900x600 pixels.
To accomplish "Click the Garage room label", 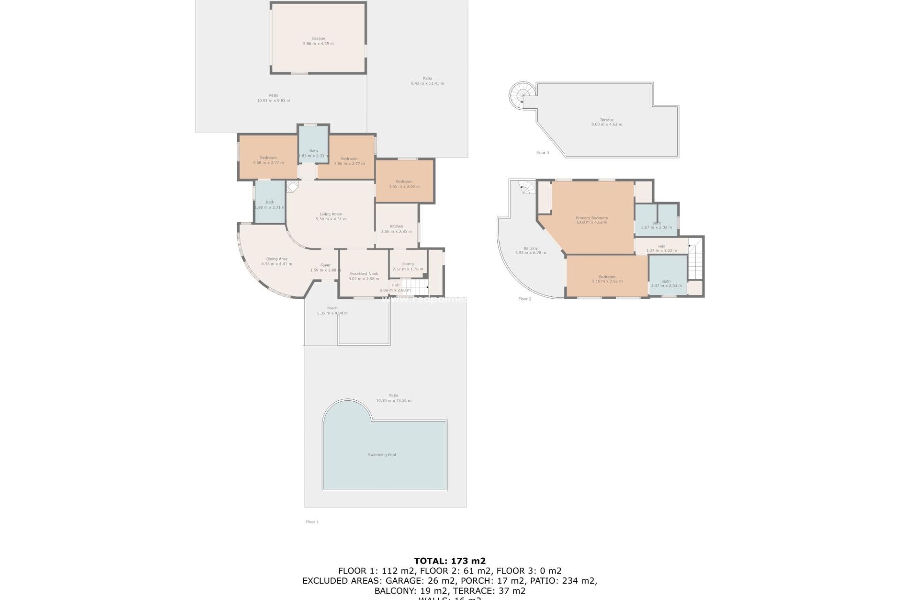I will pos(318,38).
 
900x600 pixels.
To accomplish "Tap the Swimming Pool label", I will pos(382,455).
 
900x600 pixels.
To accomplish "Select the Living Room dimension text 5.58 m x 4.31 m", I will pos(331,219).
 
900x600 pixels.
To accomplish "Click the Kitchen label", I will pos(396,226).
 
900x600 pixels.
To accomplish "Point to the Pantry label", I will pos(408,264).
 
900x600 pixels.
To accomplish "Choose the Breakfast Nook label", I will pos(364,274).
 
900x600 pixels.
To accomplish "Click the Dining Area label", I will pos(277,259).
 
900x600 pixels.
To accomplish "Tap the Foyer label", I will pos(325,265).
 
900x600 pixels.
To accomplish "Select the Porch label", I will pos(332,308).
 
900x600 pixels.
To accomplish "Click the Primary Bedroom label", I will pos(592,217).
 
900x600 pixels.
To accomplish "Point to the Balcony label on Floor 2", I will pos(530,248).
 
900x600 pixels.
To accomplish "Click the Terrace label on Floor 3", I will pos(606,120).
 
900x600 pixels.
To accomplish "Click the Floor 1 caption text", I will pos(312,522).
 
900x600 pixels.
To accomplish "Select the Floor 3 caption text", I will pos(542,152).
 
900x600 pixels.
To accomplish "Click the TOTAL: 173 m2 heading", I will pos(450,561).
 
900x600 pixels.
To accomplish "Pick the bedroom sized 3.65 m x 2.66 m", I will pos(404,184).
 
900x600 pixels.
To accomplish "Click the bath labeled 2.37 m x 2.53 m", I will pos(666,283).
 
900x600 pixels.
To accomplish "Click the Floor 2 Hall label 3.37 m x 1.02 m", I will pos(661,248).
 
